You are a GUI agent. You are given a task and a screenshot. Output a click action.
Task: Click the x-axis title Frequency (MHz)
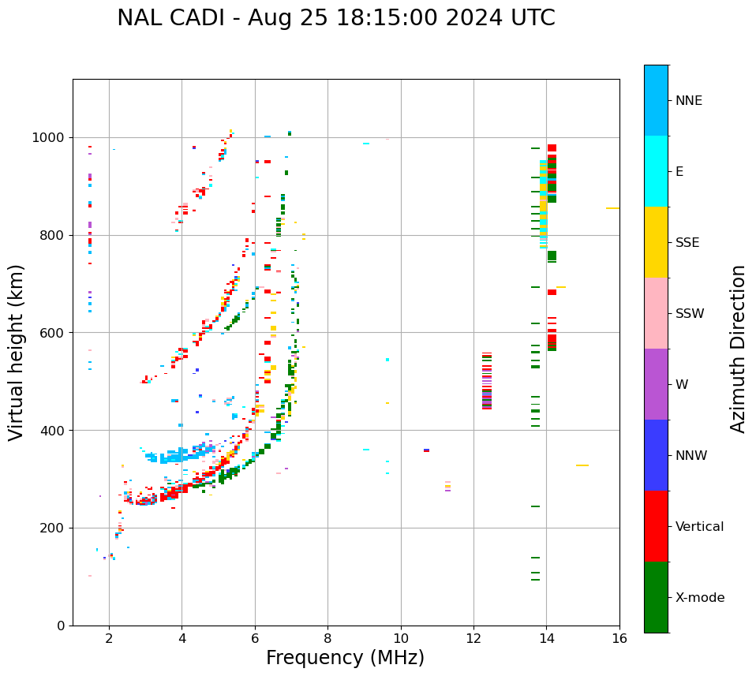345,658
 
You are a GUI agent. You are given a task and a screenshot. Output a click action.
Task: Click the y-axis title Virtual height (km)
17,353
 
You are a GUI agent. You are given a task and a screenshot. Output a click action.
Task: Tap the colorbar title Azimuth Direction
738,349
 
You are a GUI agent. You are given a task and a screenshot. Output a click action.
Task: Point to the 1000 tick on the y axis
52,138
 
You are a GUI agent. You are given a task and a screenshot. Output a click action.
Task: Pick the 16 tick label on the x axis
619,638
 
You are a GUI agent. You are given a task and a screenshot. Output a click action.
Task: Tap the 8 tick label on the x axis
327,638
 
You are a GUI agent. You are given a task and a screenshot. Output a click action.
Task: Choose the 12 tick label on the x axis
473,638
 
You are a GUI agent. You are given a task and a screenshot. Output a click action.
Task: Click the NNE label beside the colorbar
689,101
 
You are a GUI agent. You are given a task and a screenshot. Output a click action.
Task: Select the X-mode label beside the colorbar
700,598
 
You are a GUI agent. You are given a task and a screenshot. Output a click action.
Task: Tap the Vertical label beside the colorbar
700,527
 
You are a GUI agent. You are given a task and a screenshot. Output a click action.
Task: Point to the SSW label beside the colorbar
690,314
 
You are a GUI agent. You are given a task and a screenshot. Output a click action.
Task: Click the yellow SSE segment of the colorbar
656,242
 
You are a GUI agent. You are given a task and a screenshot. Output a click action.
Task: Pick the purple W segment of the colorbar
656,384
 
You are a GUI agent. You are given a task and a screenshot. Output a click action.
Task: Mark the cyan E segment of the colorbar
656,171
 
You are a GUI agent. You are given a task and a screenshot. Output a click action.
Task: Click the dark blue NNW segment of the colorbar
656,455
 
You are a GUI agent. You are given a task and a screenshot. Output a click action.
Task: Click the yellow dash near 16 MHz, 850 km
612,208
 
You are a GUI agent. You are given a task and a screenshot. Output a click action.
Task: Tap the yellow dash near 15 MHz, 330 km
582,465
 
